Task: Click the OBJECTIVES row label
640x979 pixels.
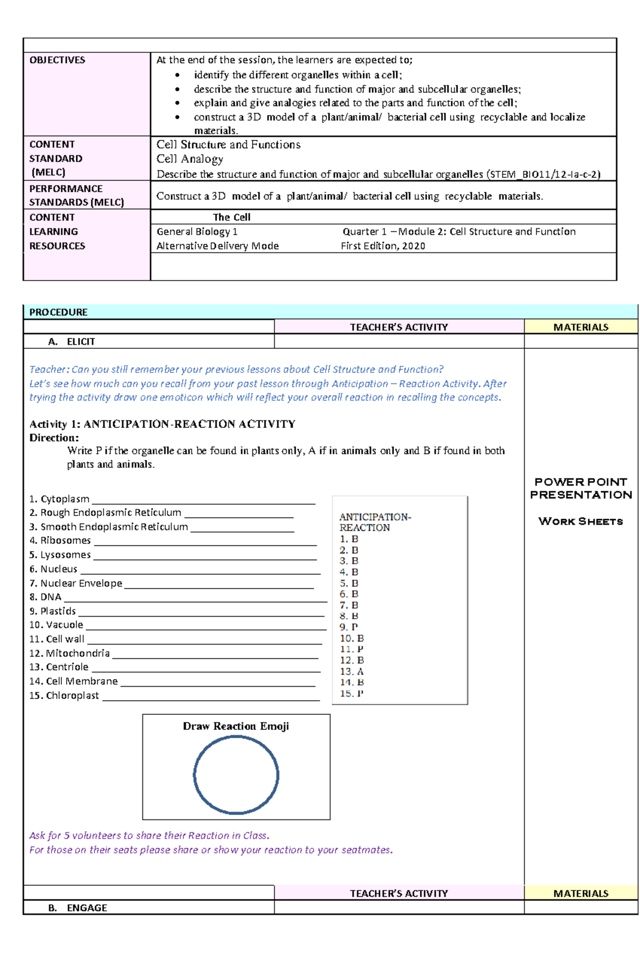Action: [57, 60]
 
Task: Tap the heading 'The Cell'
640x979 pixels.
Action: [231, 217]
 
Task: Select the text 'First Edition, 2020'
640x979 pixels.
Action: [383, 246]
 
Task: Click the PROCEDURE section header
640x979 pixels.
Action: [59, 312]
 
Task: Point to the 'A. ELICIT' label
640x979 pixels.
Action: [71, 341]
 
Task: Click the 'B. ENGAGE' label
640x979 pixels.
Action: [78, 908]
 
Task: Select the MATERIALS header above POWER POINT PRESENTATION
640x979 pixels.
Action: [581, 327]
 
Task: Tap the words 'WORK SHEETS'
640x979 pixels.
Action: [581, 521]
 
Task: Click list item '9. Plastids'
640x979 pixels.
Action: [53, 611]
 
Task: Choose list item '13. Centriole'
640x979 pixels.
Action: [59, 667]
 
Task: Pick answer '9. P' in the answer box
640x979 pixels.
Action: [349, 627]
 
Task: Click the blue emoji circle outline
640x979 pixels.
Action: [194, 775]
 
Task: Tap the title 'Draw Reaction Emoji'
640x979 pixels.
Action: [236, 726]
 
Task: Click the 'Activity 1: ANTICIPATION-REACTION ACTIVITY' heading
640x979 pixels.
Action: [162, 424]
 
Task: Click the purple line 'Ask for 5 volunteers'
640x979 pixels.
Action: [149, 835]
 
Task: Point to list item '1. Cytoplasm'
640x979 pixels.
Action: [59, 499]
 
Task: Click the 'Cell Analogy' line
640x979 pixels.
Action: [189, 159]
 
